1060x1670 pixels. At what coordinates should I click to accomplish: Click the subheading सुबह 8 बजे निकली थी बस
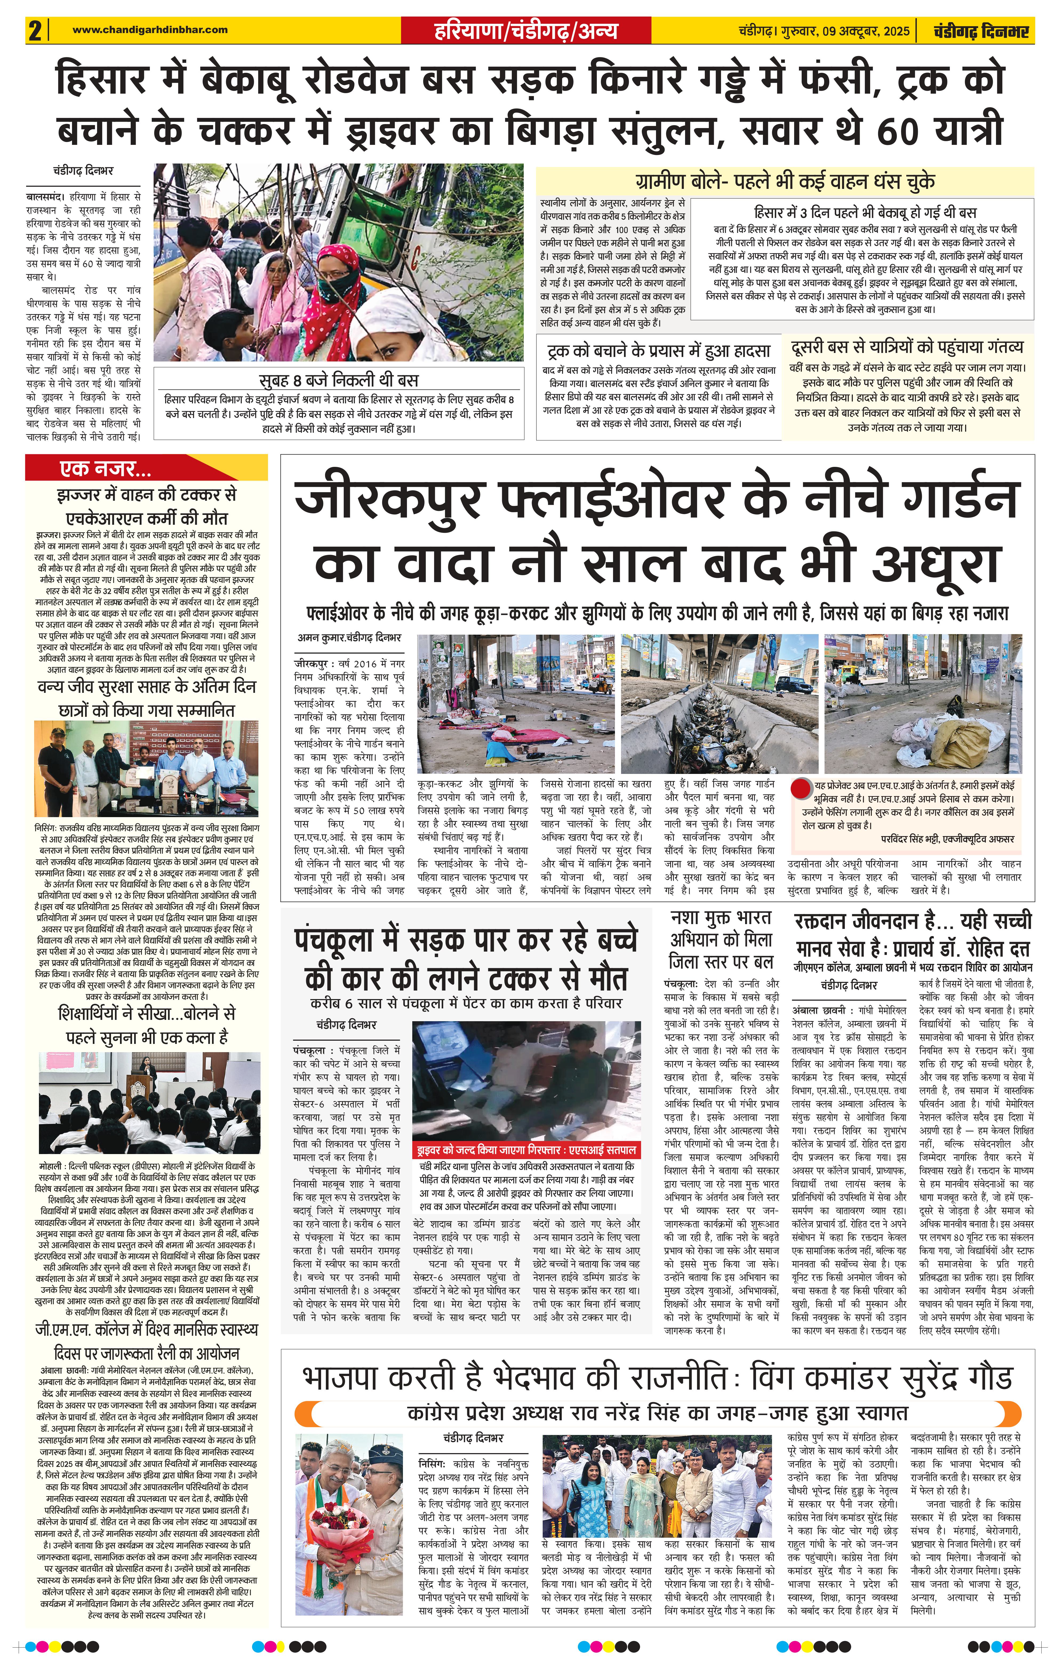click(339, 380)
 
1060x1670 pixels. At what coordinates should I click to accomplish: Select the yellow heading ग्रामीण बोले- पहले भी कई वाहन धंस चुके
click(785, 182)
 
